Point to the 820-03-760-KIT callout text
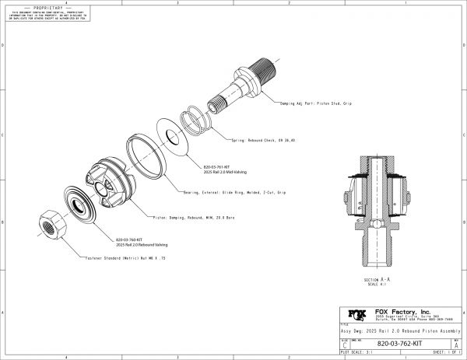(x=131, y=240)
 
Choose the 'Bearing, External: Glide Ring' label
(x=245, y=190)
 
